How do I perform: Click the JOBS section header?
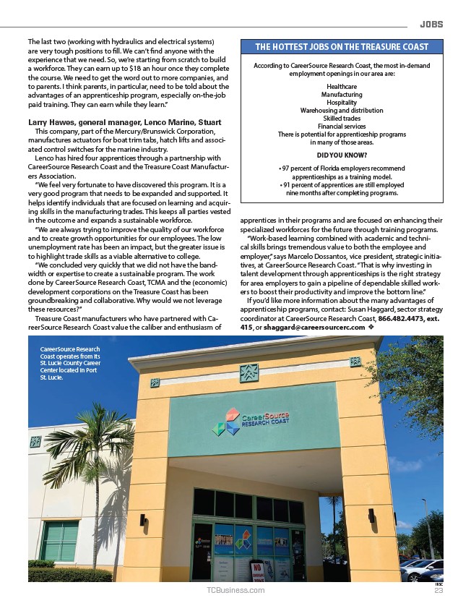tap(431, 24)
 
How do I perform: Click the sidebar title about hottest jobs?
tap(342, 47)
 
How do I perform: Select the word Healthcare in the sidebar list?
tap(342, 87)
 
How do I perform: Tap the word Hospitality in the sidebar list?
tap(342, 103)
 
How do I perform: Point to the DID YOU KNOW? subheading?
tap(342, 155)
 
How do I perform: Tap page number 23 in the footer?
tap(438, 591)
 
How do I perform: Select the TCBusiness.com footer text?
tap(236, 591)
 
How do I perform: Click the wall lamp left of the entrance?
tap(142, 519)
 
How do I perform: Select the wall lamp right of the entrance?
tap(371, 515)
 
